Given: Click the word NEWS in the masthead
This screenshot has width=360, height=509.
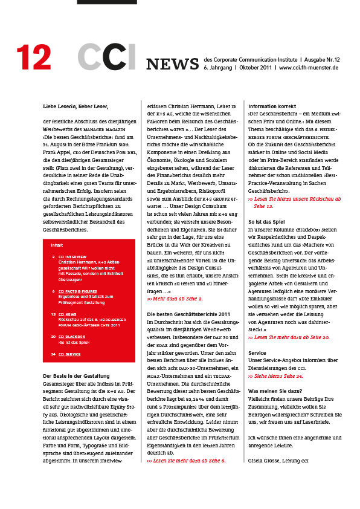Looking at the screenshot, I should [172, 64].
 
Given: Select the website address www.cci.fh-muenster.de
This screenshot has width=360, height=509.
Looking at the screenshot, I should [309, 68].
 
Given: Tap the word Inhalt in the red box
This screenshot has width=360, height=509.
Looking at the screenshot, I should [57, 245].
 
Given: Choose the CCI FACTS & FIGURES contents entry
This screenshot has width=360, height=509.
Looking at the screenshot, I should [80, 291].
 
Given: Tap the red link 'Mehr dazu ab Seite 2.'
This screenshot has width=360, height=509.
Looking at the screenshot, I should [175, 299].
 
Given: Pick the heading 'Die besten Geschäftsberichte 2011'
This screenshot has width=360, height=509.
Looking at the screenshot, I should [188, 314].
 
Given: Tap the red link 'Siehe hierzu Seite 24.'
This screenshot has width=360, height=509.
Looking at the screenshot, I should [275, 376].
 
